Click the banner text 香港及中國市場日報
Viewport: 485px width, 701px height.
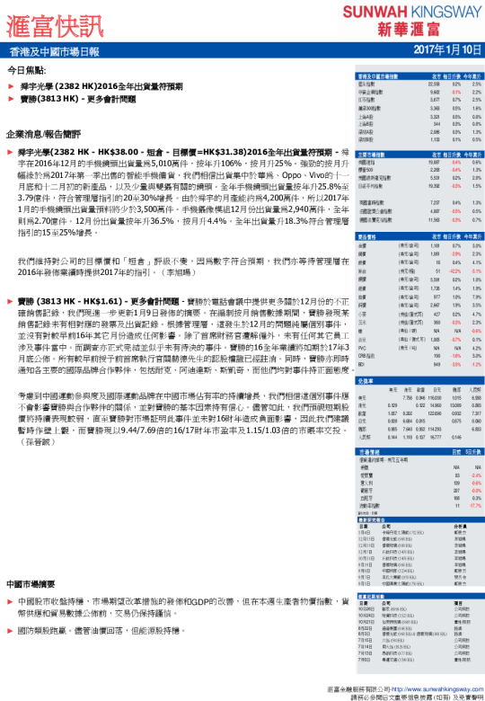(x=56, y=52)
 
